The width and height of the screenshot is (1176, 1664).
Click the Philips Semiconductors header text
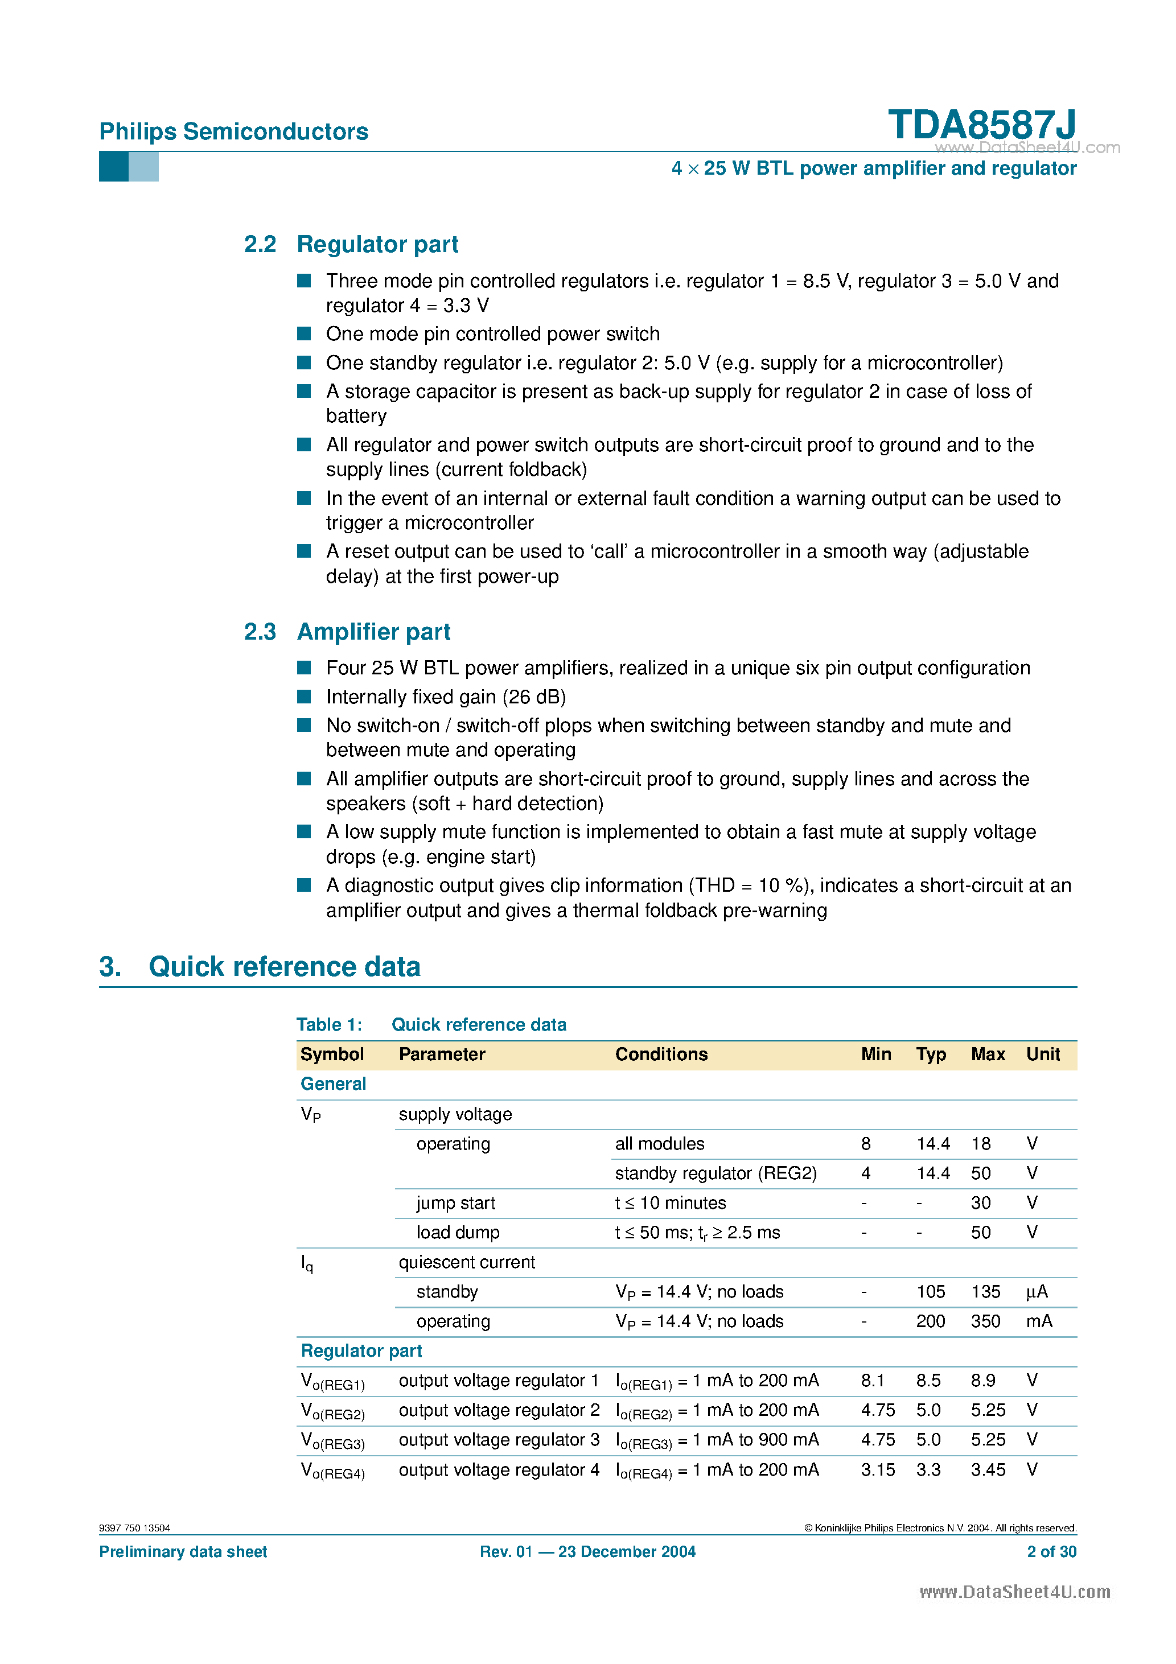click(x=233, y=132)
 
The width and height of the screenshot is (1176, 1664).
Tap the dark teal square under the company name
click(x=113, y=167)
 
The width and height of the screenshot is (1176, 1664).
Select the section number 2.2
click(x=260, y=244)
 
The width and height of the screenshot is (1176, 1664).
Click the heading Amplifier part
click(x=373, y=632)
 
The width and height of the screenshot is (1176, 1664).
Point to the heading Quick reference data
click(x=284, y=967)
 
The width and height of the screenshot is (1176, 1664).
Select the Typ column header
click(x=930, y=1055)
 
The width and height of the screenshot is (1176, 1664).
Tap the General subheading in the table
click(x=333, y=1084)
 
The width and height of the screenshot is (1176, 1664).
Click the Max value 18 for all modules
click(x=980, y=1144)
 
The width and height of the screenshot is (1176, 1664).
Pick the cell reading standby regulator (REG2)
click(x=715, y=1173)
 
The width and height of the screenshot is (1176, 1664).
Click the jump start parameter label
click(x=455, y=1203)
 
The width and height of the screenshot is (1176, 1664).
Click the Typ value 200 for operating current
click(x=930, y=1321)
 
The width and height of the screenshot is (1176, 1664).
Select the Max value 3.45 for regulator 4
click(x=988, y=1470)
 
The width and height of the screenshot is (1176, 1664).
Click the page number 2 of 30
click(x=1051, y=1552)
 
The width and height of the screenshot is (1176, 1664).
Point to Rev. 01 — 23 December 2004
click(x=587, y=1552)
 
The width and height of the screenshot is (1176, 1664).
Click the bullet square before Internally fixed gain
click(x=305, y=697)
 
